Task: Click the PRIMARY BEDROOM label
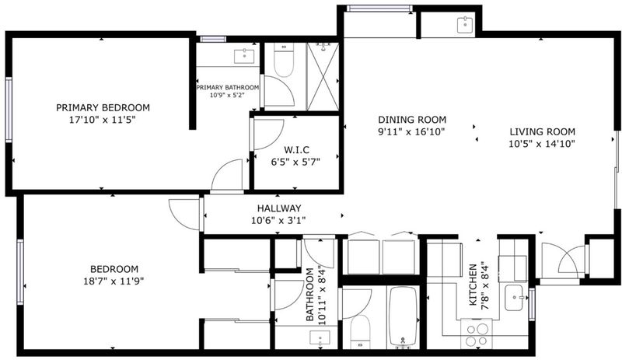103,107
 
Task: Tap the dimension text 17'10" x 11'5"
103,120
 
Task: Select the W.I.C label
296,150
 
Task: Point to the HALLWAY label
279,208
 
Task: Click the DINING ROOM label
412,120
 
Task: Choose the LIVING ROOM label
542,131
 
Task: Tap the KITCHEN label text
473,285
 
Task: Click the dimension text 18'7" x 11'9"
114,281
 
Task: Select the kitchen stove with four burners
477,334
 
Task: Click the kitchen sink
514,298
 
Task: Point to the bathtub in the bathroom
403,316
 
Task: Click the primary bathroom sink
244,56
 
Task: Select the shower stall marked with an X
323,77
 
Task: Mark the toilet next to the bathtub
360,333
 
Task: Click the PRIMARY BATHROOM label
228,87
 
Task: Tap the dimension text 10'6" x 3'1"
278,220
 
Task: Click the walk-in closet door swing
268,135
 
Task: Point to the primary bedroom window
9,110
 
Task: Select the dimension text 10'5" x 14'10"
542,144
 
